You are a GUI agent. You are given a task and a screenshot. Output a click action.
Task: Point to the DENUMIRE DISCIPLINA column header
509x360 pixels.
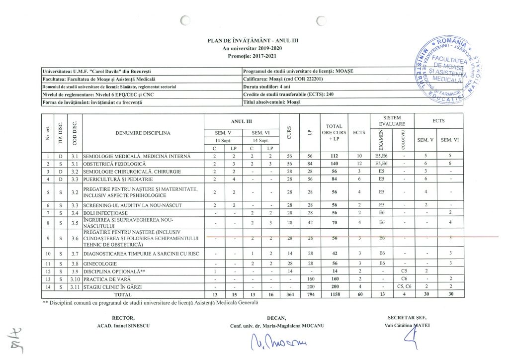pyautogui.click(x=144, y=133)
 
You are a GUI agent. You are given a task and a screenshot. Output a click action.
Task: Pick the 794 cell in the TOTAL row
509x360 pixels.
pyautogui.click(x=311, y=294)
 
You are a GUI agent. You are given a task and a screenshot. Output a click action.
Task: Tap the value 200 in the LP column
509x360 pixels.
pyautogui.click(x=311, y=287)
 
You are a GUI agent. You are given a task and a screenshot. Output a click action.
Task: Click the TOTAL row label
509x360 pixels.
pyautogui.click(x=123, y=294)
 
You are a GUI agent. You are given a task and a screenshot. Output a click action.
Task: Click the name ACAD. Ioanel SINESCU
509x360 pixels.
pyautogui.click(x=124, y=326)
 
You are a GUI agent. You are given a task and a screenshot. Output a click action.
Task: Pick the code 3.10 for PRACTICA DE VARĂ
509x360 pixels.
pyautogui.click(x=76, y=279)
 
